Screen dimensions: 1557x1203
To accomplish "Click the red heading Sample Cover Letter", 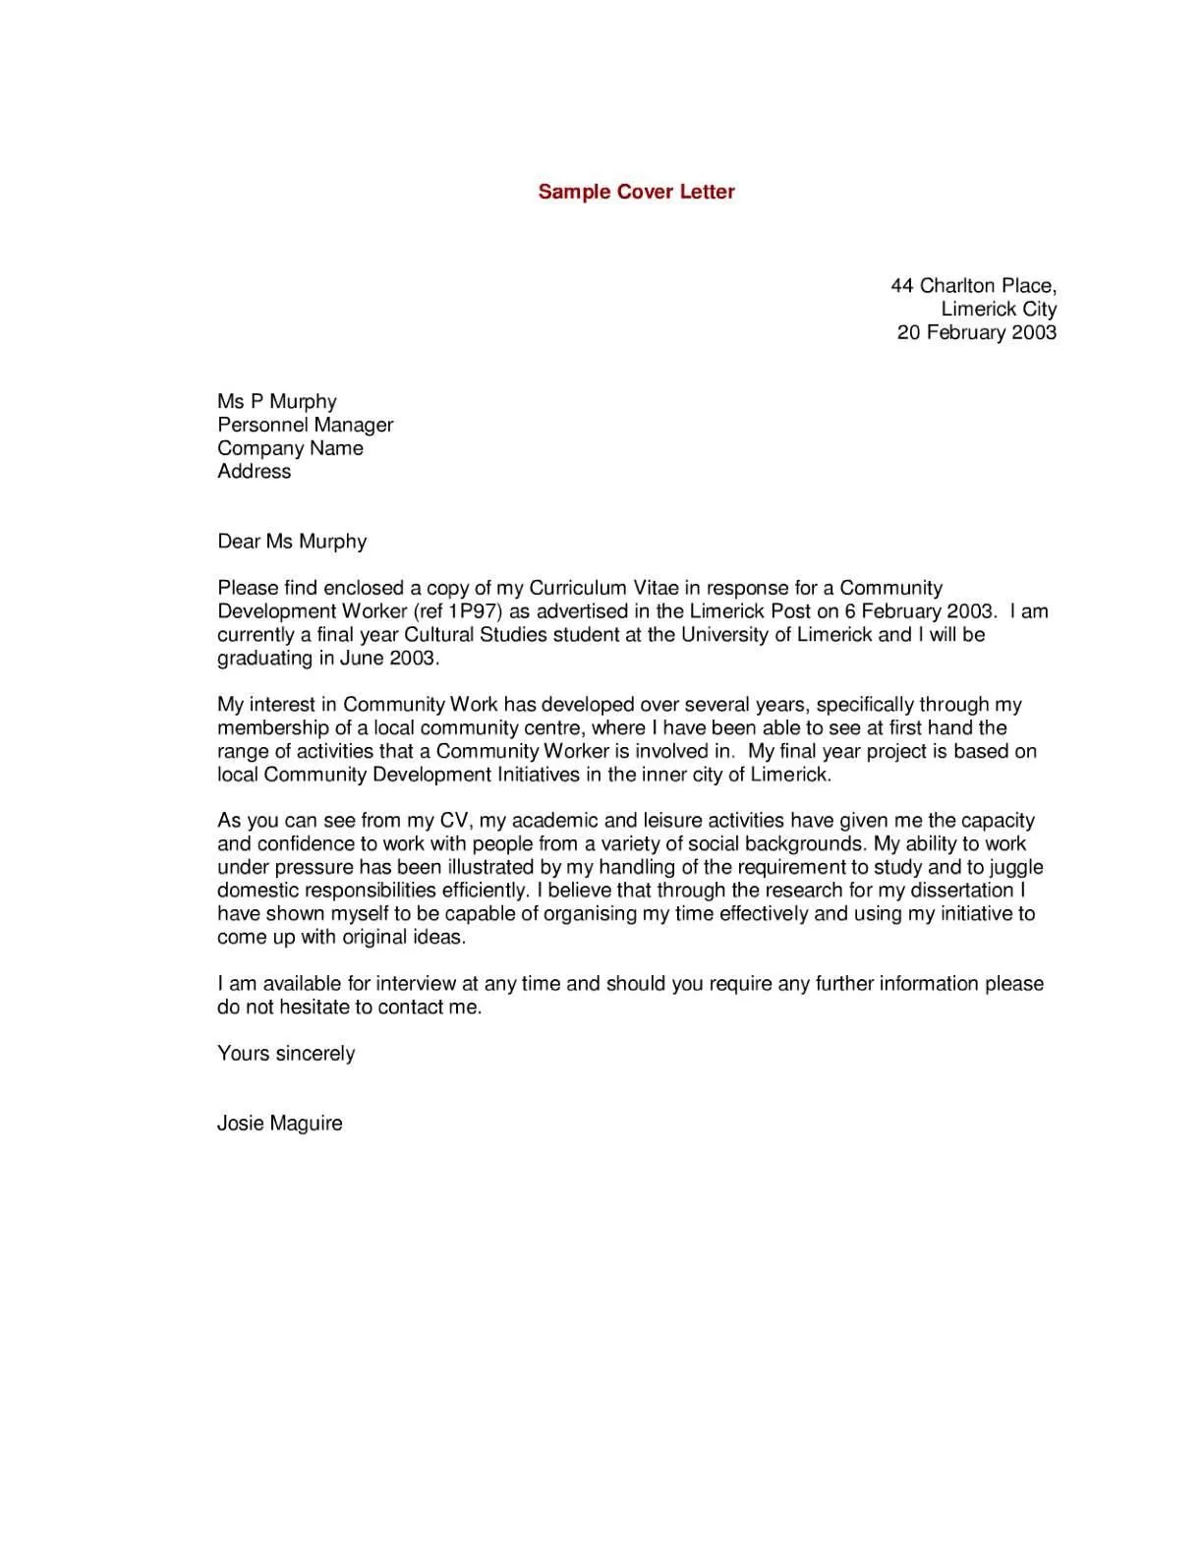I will pyautogui.click(x=636, y=192).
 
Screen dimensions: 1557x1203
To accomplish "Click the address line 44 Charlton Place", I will pyautogui.click(x=972, y=286).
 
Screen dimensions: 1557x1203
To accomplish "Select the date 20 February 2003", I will pyautogui.click(x=976, y=332).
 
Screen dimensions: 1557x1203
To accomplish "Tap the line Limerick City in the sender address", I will pyautogui.click(x=998, y=309).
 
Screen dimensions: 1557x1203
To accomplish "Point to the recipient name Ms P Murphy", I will pyautogui.click(x=276, y=401).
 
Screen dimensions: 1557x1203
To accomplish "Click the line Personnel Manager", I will pyautogui.click(x=305, y=425).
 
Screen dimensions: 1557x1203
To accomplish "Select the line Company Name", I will pyautogui.click(x=290, y=448).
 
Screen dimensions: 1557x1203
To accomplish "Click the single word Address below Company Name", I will pyautogui.click(x=254, y=472).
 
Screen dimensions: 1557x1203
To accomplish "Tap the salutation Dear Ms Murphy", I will pyautogui.click(x=291, y=542).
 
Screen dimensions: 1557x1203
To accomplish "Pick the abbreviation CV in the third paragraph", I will pyautogui.click(x=455, y=821).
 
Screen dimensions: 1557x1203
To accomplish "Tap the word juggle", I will pyautogui.click(x=1016, y=868).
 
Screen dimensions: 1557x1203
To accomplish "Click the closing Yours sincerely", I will pyautogui.click(x=285, y=1054).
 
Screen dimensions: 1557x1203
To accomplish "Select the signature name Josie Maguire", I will pyautogui.click(x=279, y=1124).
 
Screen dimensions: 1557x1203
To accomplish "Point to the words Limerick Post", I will pyautogui.click(x=750, y=611).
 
